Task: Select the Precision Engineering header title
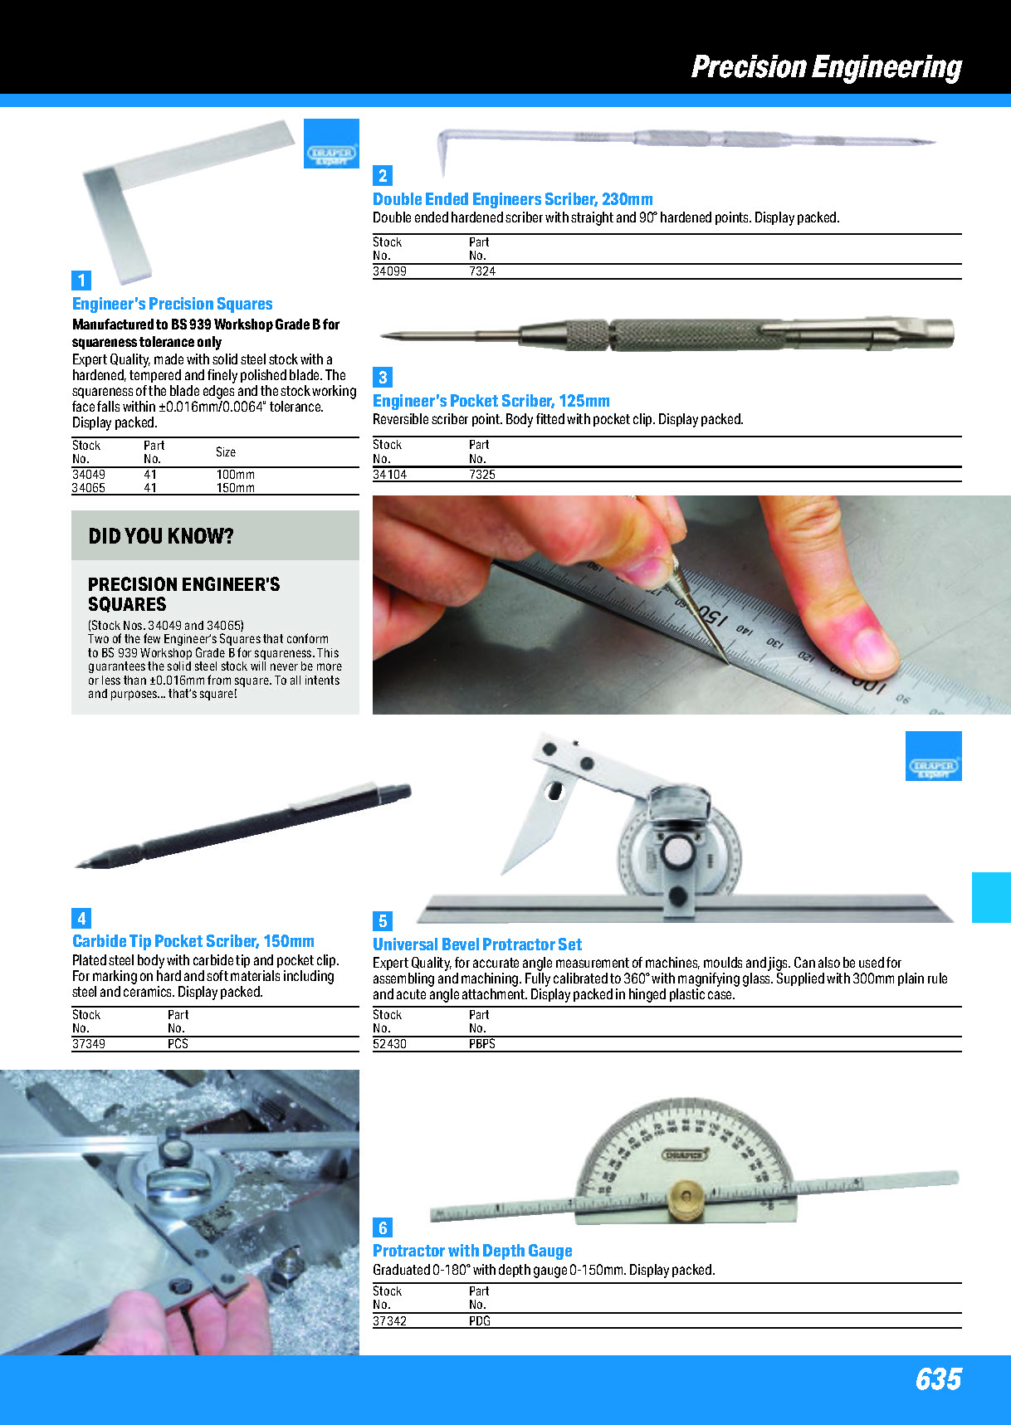tap(826, 67)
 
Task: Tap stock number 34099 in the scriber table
tap(389, 271)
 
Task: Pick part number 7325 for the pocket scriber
tap(481, 475)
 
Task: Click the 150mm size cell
tap(235, 488)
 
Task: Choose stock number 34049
tap(89, 475)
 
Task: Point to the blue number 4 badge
tap(81, 918)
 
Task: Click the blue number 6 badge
tap(382, 1227)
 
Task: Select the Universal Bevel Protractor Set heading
tap(477, 944)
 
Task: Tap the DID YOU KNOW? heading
tap(161, 536)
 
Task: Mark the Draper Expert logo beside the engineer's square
tap(331, 144)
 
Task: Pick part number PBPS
tap(481, 1044)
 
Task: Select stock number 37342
tap(389, 1320)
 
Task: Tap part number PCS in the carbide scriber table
tap(178, 1044)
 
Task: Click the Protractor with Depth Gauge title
tap(472, 1251)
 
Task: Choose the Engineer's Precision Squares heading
tap(173, 304)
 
